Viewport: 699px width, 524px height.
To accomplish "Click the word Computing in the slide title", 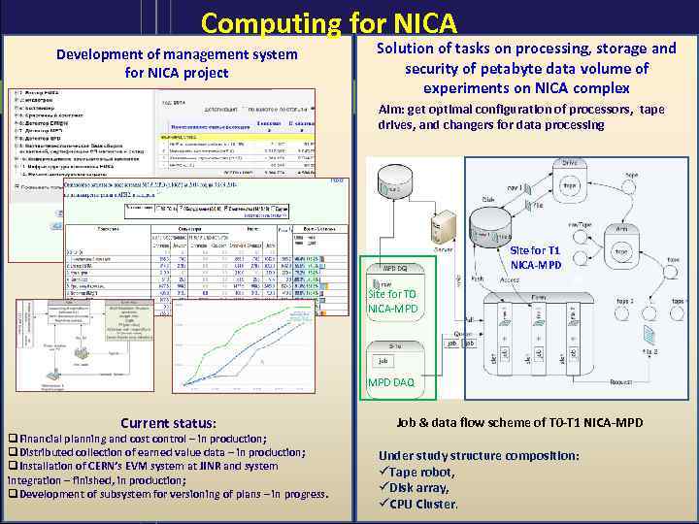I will pyautogui.click(x=271, y=23).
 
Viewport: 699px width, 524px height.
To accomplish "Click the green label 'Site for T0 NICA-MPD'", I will pyautogui.click(x=393, y=302).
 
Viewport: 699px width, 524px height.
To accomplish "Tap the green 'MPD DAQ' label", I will pyautogui.click(x=390, y=382).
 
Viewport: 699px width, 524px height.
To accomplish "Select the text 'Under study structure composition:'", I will pyautogui.click(x=479, y=455).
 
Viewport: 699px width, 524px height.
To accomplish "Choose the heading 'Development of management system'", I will pyautogui.click(x=177, y=54).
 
